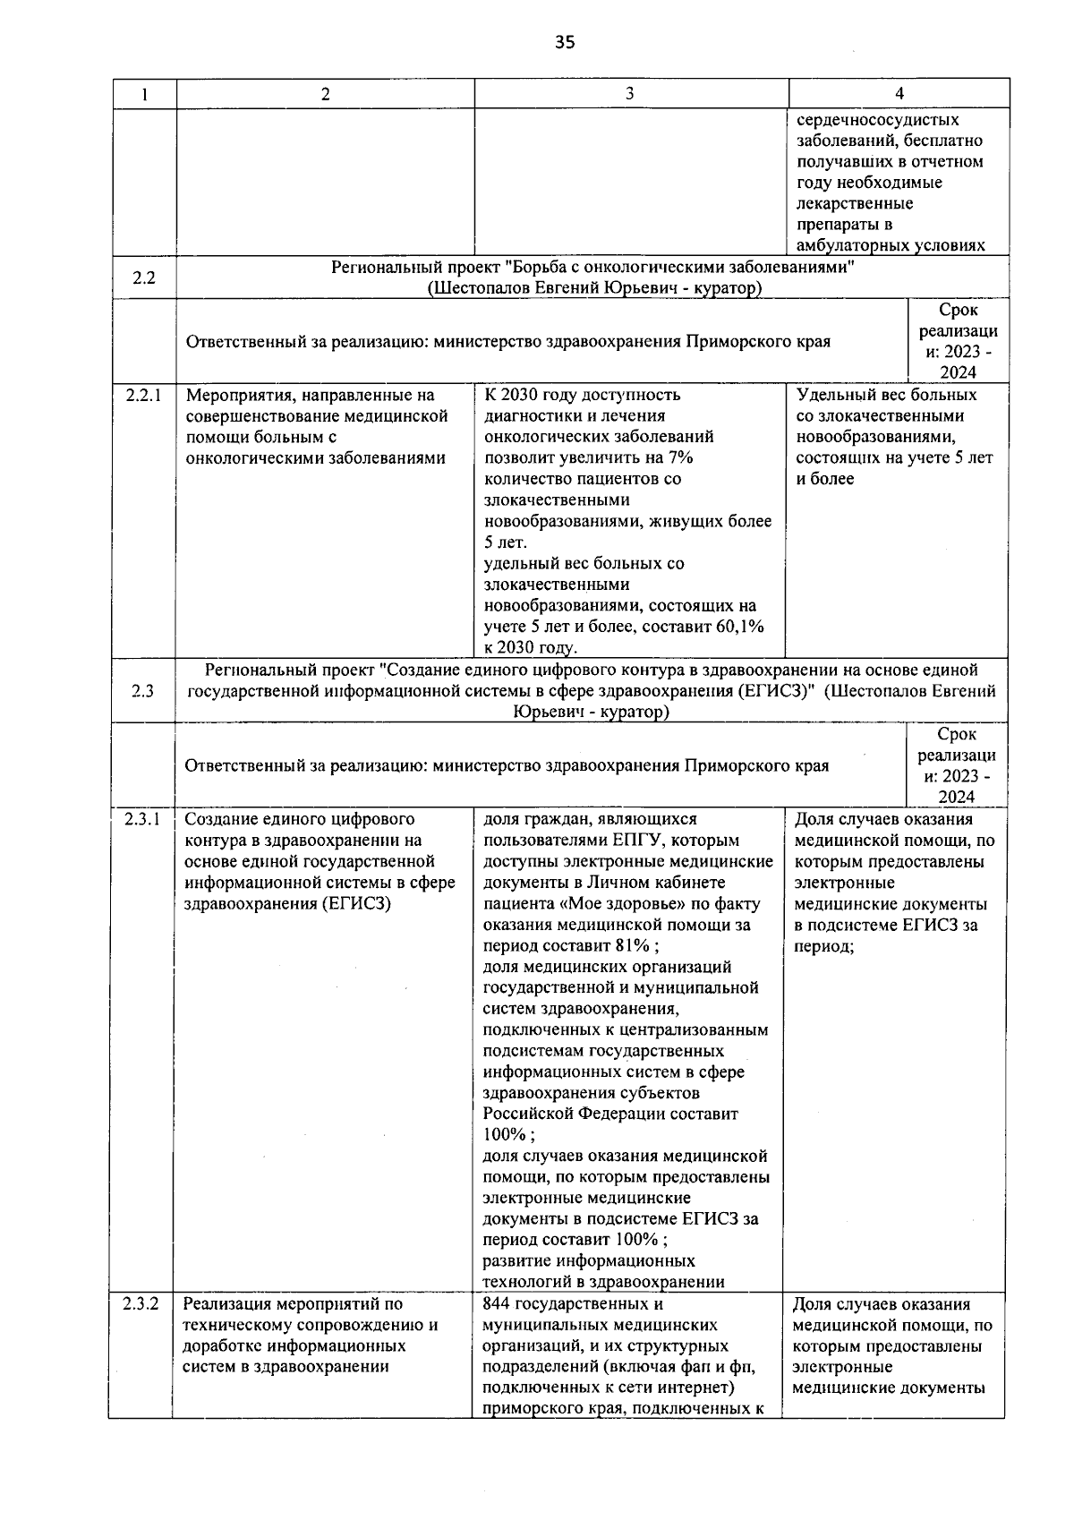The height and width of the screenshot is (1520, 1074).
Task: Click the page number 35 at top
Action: click(x=565, y=42)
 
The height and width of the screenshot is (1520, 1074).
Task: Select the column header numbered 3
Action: click(x=630, y=93)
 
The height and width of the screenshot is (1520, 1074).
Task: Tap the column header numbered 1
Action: click(x=144, y=94)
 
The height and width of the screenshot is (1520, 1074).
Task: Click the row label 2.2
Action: click(x=144, y=278)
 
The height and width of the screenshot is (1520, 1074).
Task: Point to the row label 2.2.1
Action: click(x=143, y=395)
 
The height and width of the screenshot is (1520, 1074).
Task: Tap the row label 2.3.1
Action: click(x=142, y=818)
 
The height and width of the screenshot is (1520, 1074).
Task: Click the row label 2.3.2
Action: click(x=141, y=1303)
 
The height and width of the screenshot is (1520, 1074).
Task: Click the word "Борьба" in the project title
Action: click(x=549, y=267)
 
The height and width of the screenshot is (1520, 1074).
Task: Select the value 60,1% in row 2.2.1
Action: click(x=741, y=627)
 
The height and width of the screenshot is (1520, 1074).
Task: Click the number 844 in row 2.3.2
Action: click(x=497, y=1304)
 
